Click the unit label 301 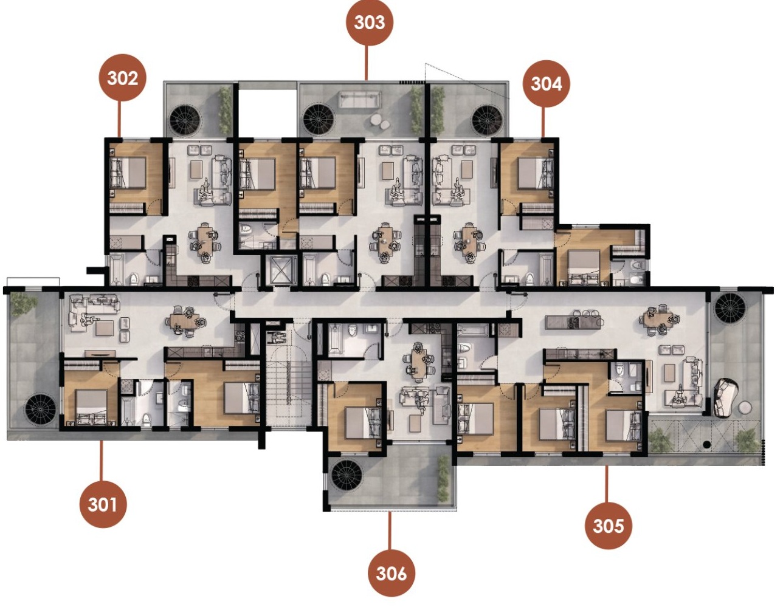point(103,504)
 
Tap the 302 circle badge point(123,78)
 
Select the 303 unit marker point(370,22)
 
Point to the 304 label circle point(547,83)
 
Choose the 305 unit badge point(609,525)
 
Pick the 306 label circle point(392,573)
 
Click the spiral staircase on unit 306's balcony point(347,476)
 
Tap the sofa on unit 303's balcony point(360,99)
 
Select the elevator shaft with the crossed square point(280,269)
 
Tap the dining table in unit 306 point(418,361)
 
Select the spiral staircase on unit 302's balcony point(185,120)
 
